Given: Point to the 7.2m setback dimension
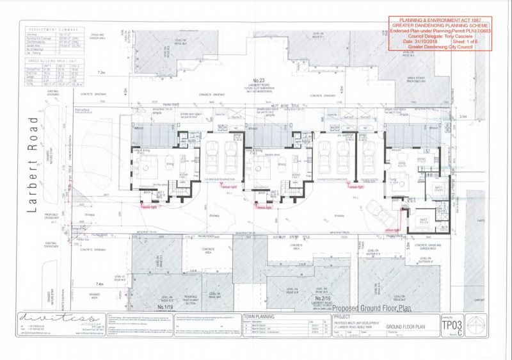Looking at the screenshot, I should [x=102, y=91].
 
